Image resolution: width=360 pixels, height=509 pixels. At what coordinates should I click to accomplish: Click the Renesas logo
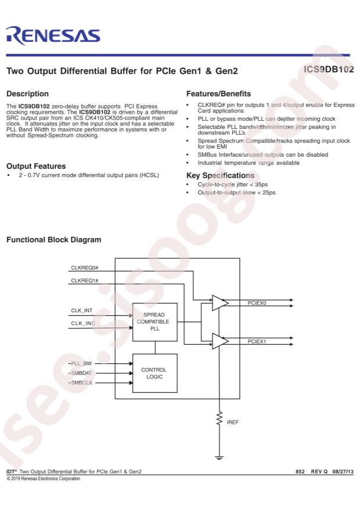pos(53,35)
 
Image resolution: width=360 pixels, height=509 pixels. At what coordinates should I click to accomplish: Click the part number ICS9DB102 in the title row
pos(329,70)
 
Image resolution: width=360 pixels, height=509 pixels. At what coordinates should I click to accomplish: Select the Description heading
pos(28,94)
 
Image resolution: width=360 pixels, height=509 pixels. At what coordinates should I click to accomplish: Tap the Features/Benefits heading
pos(218,94)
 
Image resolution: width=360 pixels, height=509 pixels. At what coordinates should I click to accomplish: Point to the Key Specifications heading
pos(221,176)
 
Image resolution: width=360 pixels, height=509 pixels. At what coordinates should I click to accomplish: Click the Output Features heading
pos(36,166)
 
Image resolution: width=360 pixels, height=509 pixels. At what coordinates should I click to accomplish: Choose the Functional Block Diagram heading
pos(54,240)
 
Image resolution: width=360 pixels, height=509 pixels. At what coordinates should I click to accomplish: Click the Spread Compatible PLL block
pos(155,322)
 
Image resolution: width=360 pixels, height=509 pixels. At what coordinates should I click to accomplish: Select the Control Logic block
pos(155,373)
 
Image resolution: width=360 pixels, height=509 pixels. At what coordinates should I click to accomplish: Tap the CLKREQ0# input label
pos(85,268)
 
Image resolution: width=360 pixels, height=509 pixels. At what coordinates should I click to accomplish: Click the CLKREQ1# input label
pos(85,280)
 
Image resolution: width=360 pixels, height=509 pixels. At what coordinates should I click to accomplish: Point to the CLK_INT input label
pos(82,311)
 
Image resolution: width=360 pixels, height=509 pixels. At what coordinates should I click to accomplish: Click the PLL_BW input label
pos(81,363)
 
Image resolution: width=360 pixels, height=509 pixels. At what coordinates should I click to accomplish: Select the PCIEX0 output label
pos(257,303)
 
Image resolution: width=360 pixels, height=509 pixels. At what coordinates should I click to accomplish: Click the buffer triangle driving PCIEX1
pos(220,341)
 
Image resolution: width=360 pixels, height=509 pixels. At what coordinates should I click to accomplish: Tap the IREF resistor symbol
pos(219,418)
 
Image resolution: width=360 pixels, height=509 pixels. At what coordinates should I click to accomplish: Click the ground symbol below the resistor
pos(219,458)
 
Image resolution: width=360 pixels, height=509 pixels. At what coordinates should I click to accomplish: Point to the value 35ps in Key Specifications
pos(261,185)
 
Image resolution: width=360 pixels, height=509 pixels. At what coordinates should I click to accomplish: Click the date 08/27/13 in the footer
pos(343,472)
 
